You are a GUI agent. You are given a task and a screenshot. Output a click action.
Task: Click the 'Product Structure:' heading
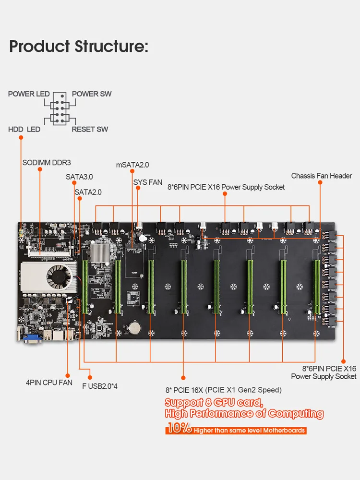click(x=79, y=47)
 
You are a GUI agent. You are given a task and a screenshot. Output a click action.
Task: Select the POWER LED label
click(x=29, y=94)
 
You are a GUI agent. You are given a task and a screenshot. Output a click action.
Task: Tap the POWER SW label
click(x=92, y=94)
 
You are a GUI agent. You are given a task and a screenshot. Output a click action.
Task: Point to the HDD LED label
click(x=24, y=129)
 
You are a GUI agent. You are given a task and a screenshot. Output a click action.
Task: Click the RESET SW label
click(x=90, y=129)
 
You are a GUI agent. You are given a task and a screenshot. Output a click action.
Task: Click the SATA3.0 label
click(x=79, y=177)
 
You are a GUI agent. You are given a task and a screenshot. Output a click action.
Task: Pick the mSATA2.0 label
click(x=132, y=165)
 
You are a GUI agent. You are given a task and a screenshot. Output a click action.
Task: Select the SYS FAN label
click(x=148, y=182)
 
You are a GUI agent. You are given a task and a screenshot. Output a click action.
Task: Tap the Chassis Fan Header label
click(x=322, y=176)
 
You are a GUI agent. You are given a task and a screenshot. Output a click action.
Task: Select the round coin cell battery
click(x=134, y=327)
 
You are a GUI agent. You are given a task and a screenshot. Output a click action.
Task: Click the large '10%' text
click(x=180, y=429)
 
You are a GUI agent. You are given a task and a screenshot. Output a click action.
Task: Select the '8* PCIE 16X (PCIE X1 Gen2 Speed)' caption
click(x=223, y=390)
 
